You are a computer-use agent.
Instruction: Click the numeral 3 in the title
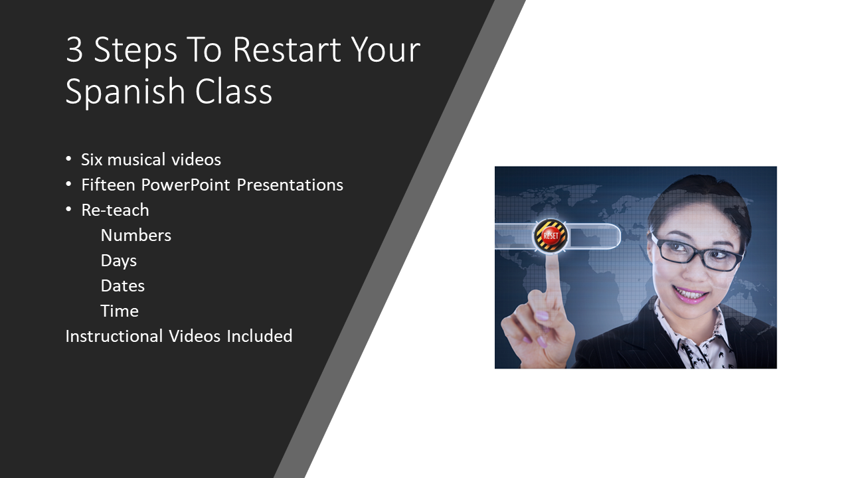click(x=74, y=49)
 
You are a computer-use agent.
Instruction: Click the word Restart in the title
click(x=287, y=49)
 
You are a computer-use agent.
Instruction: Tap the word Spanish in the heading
click(x=126, y=92)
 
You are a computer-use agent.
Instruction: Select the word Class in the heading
click(x=234, y=92)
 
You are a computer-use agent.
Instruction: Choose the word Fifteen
click(x=108, y=185)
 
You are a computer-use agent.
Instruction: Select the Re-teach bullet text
click(x=115, y=210)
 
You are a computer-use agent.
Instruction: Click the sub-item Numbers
click(x=136, y=236)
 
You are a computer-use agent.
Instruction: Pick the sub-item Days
click(x=118, y=261)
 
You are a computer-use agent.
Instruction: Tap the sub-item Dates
click(x=123, y=286)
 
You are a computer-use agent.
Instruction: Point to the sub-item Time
click(x=120, y=311)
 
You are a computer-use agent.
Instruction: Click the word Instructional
click(x=114, y=336)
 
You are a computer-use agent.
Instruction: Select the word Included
click(x=260, y=336)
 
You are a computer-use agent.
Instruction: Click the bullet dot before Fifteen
click(x=68, y=185)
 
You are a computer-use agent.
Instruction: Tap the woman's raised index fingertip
click(x=551, y=262)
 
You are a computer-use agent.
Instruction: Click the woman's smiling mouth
click(x=689, y=294)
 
